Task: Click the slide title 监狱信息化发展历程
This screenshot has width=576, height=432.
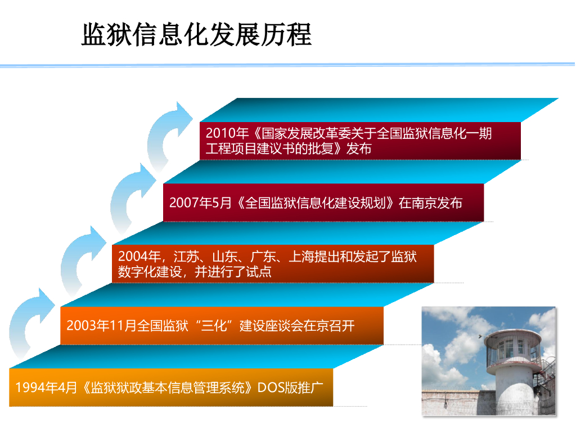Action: click(x=196, y=34)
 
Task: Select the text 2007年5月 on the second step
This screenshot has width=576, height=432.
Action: click(x=201, y=202)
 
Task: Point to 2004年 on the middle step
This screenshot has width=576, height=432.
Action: click(x=139, y=256)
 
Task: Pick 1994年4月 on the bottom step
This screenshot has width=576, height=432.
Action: click(x=46, y=387)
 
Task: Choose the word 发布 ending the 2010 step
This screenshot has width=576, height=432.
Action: click(x=359, y=148)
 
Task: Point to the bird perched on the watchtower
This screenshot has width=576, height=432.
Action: click(x=480, y=336)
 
